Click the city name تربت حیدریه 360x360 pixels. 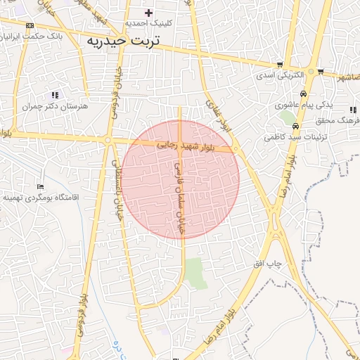click(x=123, y=41)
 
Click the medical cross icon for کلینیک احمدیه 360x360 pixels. click(x=148, y=12)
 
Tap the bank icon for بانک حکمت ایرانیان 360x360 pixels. click(x=30, y=25)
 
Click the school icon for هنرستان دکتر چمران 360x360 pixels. click(x=55, y=95)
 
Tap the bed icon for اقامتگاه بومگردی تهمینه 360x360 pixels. click(x=40, y=187)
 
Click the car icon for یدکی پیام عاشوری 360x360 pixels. click(x=303, y=94)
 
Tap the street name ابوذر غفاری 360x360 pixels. click(x=217, y=113)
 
